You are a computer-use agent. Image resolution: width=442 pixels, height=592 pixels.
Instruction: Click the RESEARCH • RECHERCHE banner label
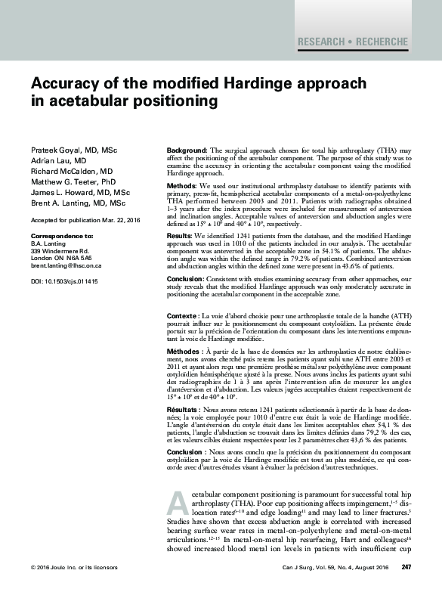(x=353, y=42)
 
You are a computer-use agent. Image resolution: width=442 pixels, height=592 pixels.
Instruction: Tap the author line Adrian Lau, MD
(x=58, y=162)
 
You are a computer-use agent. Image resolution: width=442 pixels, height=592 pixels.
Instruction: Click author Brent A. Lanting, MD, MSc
(x=78, y=203)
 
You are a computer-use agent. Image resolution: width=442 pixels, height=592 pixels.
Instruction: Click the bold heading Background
(x=186, y=152)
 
